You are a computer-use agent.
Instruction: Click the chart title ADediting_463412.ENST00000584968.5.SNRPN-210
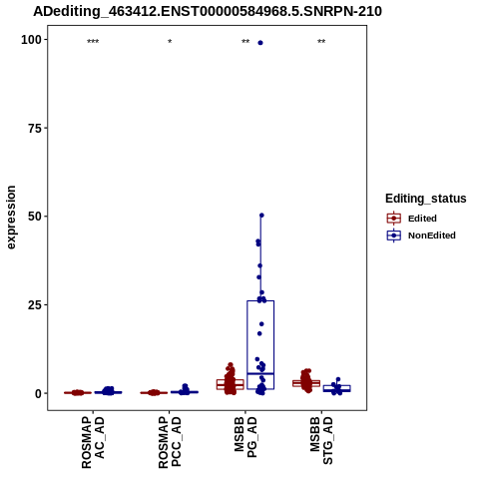208,12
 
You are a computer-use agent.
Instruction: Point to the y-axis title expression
11,218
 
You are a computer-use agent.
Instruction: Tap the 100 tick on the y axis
32,40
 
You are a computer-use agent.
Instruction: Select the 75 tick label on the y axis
35,128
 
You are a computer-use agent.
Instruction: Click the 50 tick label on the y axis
35,217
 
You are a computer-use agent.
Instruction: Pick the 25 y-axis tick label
35,305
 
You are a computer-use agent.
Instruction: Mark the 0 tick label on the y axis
39,393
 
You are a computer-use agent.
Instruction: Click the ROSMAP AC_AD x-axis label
93,442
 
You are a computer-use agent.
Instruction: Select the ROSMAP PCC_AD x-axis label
170,442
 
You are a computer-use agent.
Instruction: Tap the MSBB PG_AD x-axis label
245,437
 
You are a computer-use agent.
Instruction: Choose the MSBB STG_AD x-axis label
321,440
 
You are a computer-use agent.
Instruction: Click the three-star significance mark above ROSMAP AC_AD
93,42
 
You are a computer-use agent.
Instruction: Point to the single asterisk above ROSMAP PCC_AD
170,42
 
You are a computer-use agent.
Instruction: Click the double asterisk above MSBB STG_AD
321,42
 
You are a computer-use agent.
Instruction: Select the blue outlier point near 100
260,43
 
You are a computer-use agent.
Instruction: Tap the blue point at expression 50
261,216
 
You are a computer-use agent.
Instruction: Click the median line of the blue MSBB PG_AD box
260,373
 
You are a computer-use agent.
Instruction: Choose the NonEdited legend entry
421,236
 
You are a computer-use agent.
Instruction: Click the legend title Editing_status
426,199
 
